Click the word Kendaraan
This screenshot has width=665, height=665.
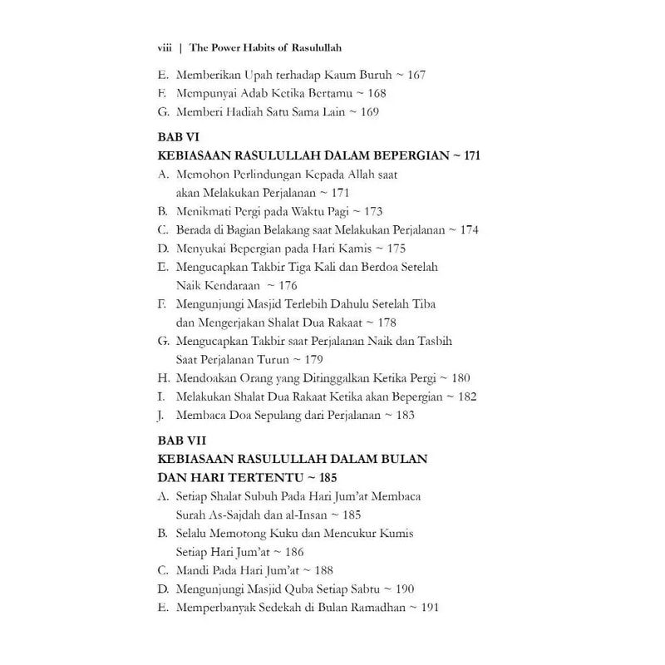click(x=224, y=286)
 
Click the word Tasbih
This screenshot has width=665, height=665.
click(x=435, y=342)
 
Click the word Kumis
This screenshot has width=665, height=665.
click(x=394, y=533)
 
